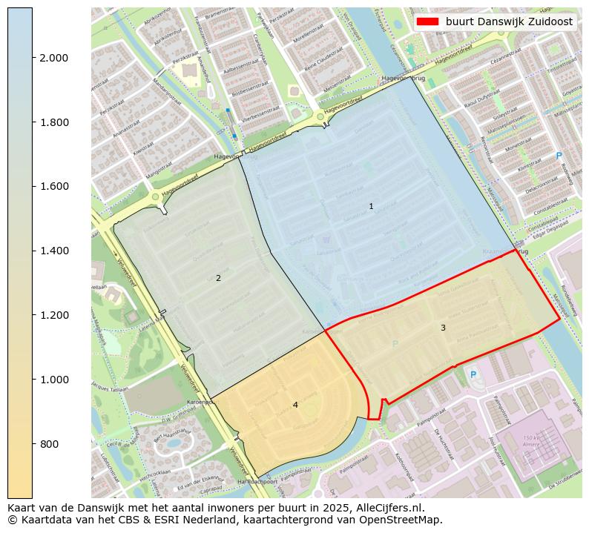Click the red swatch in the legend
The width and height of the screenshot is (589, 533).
pos(428,21)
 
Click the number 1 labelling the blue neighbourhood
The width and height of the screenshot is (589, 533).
pos(371,206)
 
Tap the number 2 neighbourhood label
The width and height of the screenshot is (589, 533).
pos(218,278)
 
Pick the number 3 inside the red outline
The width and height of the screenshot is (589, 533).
pos(443,328)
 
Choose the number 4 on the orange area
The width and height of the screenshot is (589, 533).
pos(295,405)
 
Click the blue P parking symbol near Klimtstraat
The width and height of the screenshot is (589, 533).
pos(559,156)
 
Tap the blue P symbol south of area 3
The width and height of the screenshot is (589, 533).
pos(473,375)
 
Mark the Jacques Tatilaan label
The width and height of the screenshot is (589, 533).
pos(111,388)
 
